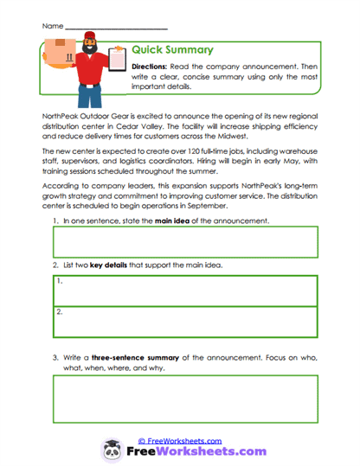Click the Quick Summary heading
click(x=172, y=49)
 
